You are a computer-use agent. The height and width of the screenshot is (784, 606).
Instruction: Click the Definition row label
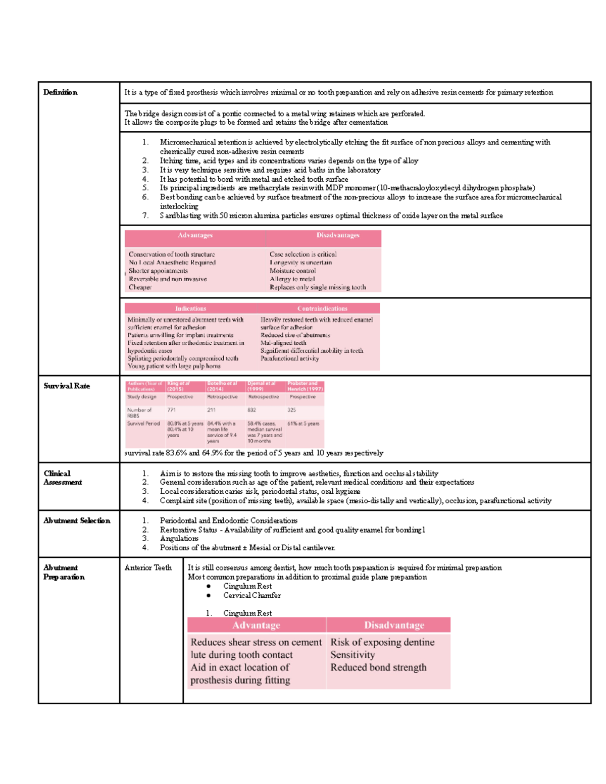(x=60, y=92)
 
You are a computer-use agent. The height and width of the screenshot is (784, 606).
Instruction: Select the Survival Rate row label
(x=67, y=386)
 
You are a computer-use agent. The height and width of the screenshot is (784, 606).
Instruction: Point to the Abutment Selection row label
(x=76, y=521)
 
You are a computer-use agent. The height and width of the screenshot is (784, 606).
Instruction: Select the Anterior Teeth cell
(x=148, y=568)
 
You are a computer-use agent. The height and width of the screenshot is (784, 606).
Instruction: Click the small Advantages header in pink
(x=195, y=236)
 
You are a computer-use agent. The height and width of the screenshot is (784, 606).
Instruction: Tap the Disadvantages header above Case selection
(x=338, y=236)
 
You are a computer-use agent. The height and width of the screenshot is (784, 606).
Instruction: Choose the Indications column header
(x=190, y=308)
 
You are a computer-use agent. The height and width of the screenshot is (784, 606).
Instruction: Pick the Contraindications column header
(x=322, y=308)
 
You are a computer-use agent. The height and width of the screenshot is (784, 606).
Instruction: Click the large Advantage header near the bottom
(x=256, y=625)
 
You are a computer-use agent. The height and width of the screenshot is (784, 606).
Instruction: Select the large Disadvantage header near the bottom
(x=394, y=625)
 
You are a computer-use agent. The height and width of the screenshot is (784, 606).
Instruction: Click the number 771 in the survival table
(x=172, y=410)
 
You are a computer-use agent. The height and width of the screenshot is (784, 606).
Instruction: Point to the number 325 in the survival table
(x=292, y=410)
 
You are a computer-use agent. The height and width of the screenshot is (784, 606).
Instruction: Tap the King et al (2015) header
(x=178, y=386)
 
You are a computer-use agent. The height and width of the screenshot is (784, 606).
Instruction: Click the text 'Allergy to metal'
(x=292, y=279)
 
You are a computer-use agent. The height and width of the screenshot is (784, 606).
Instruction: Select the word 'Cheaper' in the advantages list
(x=140, y=287)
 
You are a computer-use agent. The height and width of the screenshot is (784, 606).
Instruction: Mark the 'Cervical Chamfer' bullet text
(x=251, y=596)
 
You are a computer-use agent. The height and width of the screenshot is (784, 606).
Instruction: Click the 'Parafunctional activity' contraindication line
(x=289, y=358)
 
